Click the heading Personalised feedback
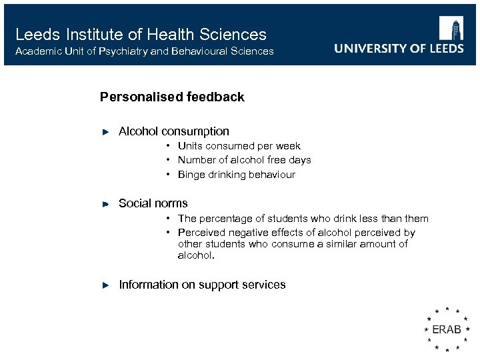point(172,97)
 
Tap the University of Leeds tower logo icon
point(451,29)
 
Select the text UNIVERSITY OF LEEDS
point(399,49)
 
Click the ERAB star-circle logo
point(446,329)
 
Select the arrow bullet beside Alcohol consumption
point(105,132)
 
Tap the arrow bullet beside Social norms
point(105,204)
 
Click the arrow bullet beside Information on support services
point(105,285)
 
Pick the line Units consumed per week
point(239,146)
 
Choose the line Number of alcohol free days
point(244,160)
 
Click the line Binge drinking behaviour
point(236,175)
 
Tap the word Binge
point(191,175)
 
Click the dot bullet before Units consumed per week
point(169,146)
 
